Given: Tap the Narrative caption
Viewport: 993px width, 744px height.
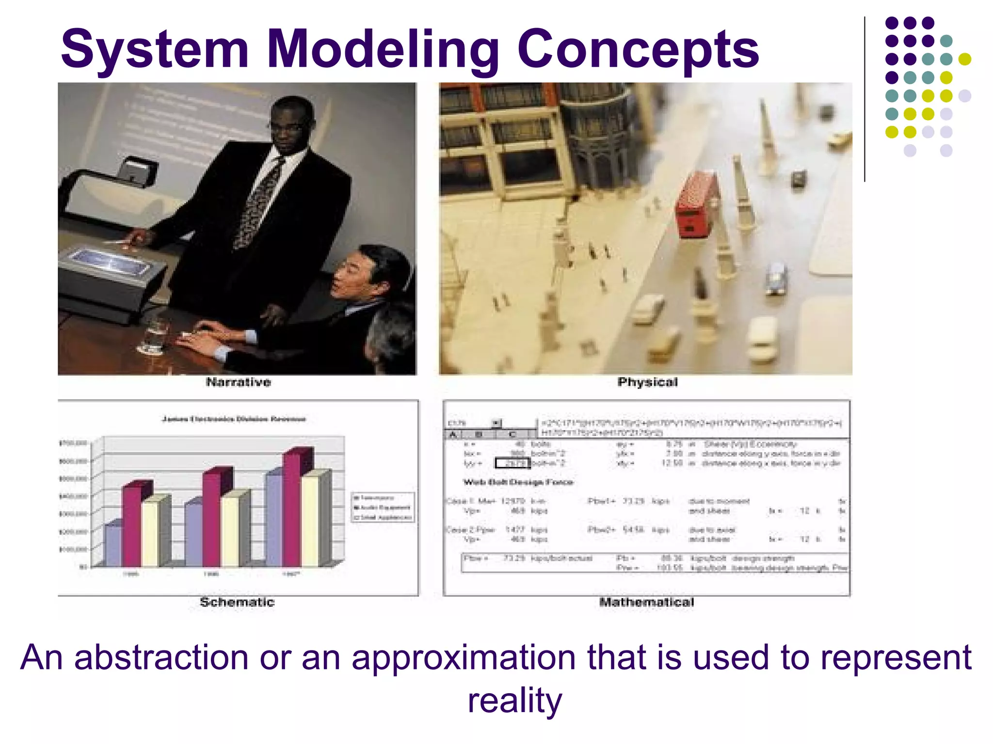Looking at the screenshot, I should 238,382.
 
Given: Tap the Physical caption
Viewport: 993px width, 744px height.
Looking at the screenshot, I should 647,382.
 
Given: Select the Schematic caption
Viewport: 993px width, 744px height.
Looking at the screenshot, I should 237,602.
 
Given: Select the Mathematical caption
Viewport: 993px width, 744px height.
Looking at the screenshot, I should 646,602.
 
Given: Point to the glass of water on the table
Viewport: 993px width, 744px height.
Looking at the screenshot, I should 154,334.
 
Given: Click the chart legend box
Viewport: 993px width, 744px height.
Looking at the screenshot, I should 383,507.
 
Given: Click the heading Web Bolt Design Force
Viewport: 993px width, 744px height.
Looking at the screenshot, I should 518,482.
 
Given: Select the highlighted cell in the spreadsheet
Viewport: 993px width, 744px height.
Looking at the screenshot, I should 512,464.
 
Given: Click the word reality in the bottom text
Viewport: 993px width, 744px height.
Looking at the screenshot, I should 514,701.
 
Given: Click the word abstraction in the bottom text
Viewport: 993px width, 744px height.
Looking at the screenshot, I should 161,657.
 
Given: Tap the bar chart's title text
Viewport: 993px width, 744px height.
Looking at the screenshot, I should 234,419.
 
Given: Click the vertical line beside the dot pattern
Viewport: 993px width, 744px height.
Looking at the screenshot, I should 865,99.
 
